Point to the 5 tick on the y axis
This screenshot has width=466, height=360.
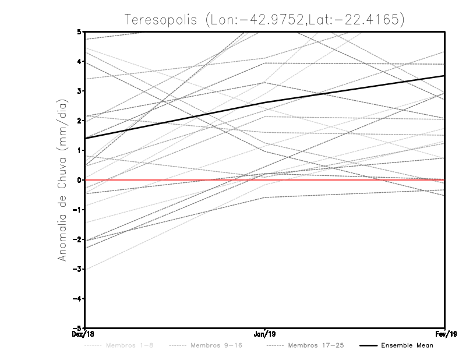(79, 31)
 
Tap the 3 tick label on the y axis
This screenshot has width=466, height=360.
(79, 91)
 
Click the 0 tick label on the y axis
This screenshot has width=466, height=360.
(79, 180)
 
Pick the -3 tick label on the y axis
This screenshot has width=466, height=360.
(77, 269)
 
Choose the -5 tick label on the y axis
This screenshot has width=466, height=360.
(77, 328)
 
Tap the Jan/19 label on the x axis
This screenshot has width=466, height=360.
(265, 334)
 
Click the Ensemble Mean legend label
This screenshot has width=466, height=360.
(407, 346)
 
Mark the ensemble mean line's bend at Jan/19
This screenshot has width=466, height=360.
(265, 103)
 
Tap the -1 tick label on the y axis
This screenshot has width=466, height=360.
(77, 210)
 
